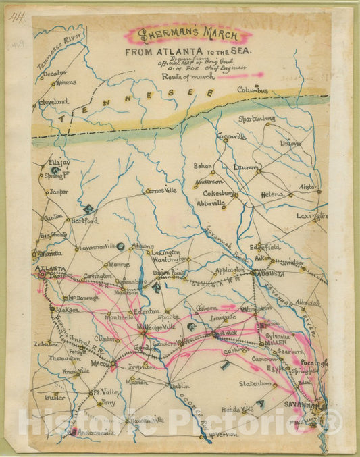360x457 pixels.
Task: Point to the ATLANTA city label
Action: pos(48,268)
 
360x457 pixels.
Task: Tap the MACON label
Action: pos(99,365)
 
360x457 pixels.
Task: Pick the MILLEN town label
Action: pos(276,343)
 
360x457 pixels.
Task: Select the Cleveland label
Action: pos(53,101)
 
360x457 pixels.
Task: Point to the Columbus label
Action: pos(252,90)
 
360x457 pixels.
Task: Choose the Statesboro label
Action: pos(257,384)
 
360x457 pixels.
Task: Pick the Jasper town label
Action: pos(59,192)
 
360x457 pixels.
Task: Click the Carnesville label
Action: pos(161,191)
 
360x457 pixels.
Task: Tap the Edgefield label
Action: pos(267,247)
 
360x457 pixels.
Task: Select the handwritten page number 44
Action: pos(15,17)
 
